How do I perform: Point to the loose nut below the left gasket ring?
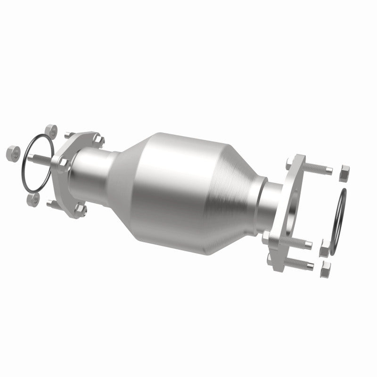[33, 199]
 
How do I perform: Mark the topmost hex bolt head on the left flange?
[99, 139]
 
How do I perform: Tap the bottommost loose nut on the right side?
[325, 270]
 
